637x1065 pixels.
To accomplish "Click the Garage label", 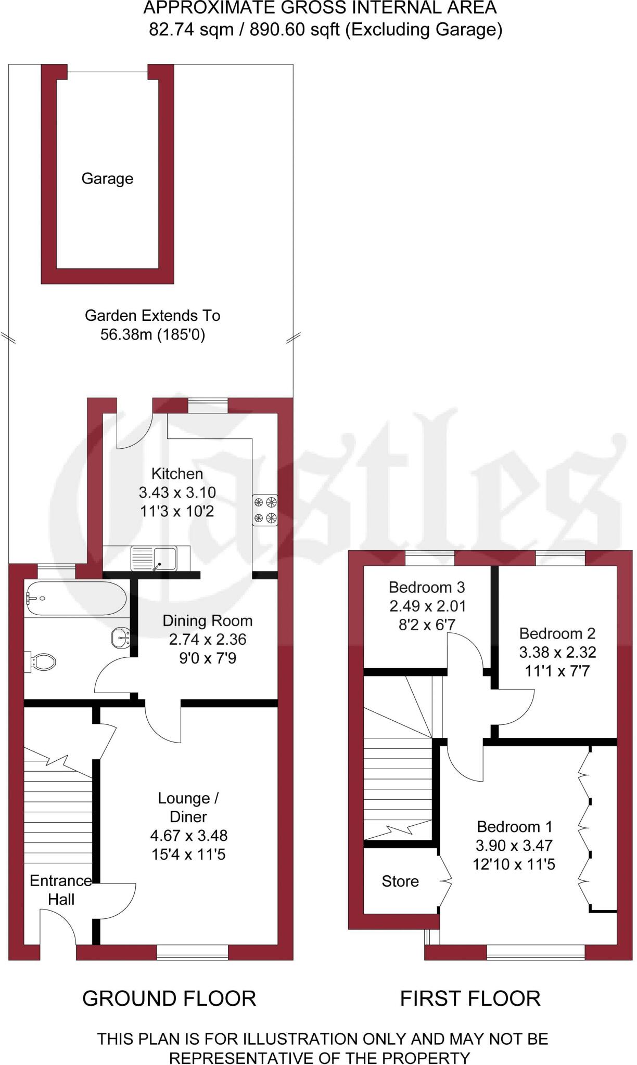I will [x=107, y=179].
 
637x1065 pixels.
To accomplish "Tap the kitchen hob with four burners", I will [x=265, y=510].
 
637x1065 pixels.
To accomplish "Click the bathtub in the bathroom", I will [x=76, y=598].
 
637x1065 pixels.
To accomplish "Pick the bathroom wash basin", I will [x=121, y=638].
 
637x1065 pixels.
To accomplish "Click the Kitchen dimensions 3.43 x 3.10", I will [x=177, y=492].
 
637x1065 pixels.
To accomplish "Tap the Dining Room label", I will [x=207, y=620].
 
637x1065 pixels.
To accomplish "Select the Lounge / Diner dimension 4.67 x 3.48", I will [x=188, y=836].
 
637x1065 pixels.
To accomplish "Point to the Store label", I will [x=400, y=881].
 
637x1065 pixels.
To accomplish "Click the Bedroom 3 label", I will [x=427, y=587].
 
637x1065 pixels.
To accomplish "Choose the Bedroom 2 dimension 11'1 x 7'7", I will [x=557, y=671].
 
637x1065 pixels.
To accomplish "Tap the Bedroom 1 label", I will [x=514, y=826].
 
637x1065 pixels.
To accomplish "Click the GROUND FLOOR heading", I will [x=169, y=998].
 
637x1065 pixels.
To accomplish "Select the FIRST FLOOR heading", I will [x=470, y=998].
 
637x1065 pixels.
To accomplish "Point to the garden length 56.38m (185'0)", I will [x=152, y=334].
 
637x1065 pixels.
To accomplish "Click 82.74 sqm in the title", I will [x=191, y=30].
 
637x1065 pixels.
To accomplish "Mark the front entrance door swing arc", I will [x=61, y=923].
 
